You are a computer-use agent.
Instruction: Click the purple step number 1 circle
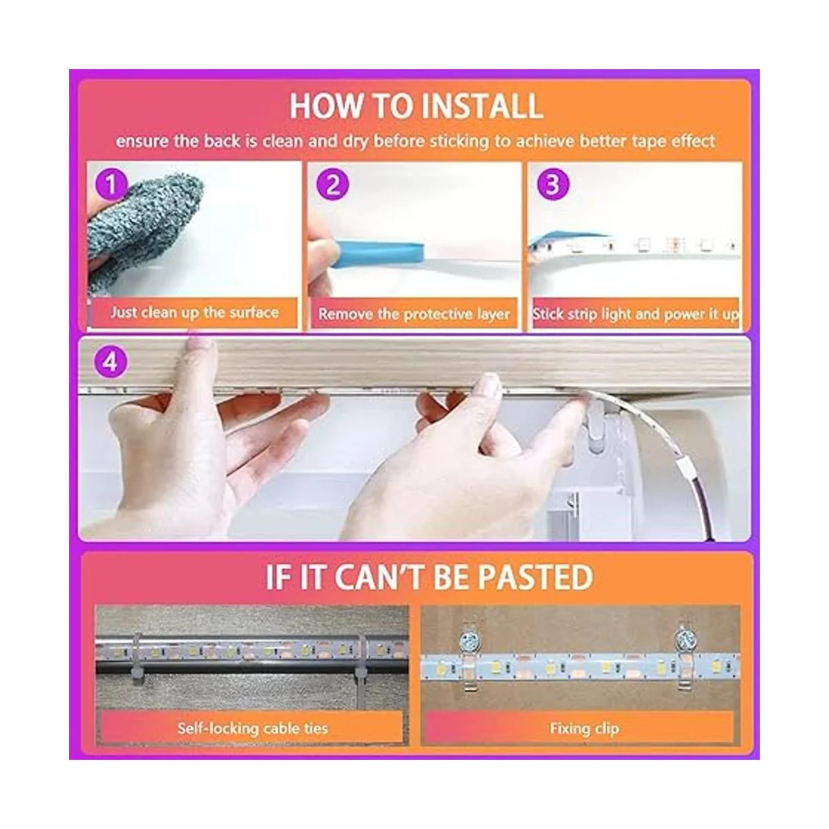click(111, 184)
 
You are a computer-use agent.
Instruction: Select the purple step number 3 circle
click(553, 184)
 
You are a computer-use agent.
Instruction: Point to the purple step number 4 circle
click(111, 363)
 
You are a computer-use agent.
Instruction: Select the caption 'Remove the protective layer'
click(414, 314)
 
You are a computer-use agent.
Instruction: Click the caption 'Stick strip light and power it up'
click(636, 314)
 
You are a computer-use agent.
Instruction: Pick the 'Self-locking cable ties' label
click(253, 728)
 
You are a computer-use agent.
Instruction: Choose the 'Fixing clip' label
click(584, 728)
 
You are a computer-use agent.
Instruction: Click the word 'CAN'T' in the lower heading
click(379, 577)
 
